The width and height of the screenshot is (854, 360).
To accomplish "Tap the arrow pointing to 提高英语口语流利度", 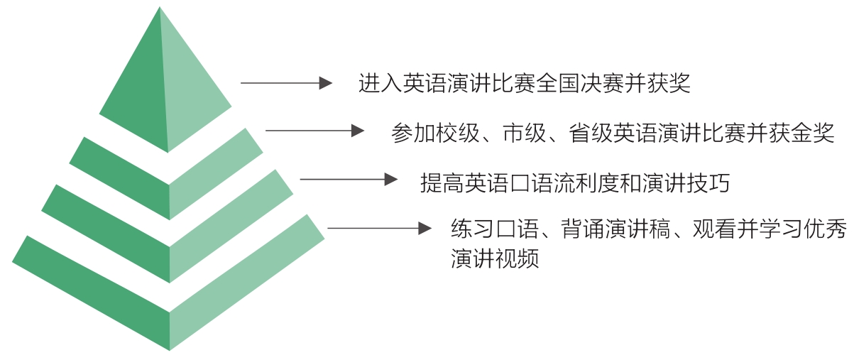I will (x=349, y=180).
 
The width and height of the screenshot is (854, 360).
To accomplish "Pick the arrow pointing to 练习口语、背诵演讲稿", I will (x=379, y=228).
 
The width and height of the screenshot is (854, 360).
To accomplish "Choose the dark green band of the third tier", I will (x=106, y=217).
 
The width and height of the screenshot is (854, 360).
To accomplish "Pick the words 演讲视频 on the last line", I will (x=496, y=258).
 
